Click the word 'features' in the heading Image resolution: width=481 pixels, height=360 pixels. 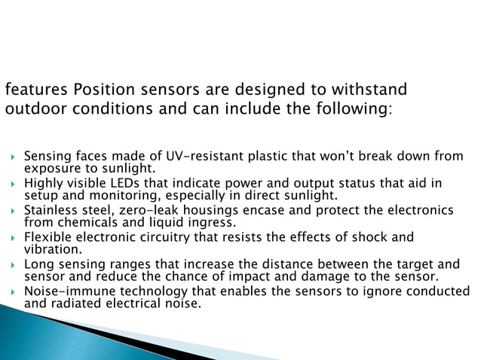tap(35, 90)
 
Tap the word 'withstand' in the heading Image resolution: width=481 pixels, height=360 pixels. tap(371, 90)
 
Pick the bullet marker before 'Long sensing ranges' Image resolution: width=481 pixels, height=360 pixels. tap(11, 265)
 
